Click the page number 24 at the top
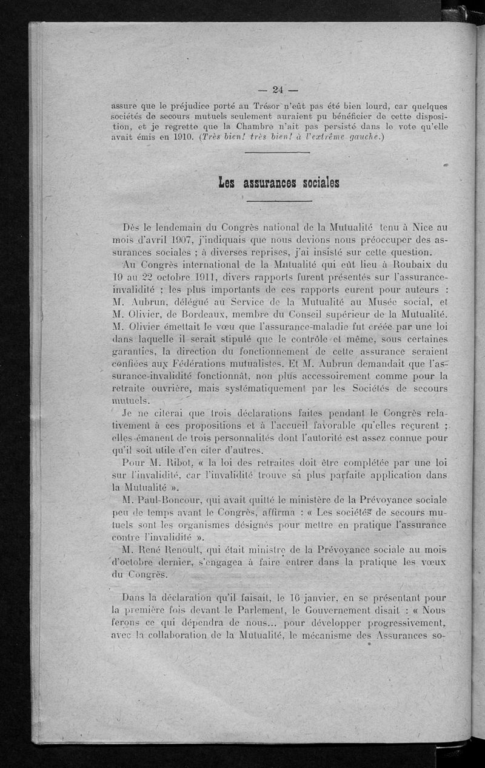click(x=278, y=90)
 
